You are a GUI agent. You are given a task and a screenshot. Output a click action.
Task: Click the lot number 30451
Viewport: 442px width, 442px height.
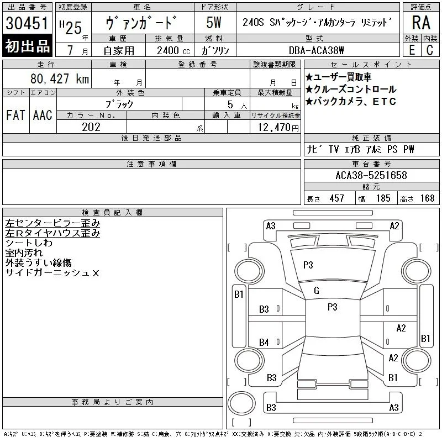click(27, 23)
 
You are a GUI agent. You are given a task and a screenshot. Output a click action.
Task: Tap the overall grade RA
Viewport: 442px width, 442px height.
click(421, 23)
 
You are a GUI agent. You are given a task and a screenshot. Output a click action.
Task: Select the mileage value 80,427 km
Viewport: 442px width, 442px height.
click(60, 79)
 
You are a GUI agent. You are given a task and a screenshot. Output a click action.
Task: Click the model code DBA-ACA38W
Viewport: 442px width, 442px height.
click(316, 50)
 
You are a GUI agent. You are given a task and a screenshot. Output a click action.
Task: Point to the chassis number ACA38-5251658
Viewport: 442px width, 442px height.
click(371, 175)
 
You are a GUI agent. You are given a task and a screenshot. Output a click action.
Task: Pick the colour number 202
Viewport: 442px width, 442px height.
click(91, 127)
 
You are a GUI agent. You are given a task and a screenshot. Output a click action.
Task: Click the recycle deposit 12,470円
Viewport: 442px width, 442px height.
click(278, 128)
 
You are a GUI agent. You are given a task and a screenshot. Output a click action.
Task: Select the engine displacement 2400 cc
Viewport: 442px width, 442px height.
click(173, 51)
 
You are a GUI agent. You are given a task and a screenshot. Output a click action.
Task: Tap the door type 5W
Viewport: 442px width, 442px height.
click(214, 23)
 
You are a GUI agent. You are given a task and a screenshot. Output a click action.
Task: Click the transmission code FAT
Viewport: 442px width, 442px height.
click(15, 115)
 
